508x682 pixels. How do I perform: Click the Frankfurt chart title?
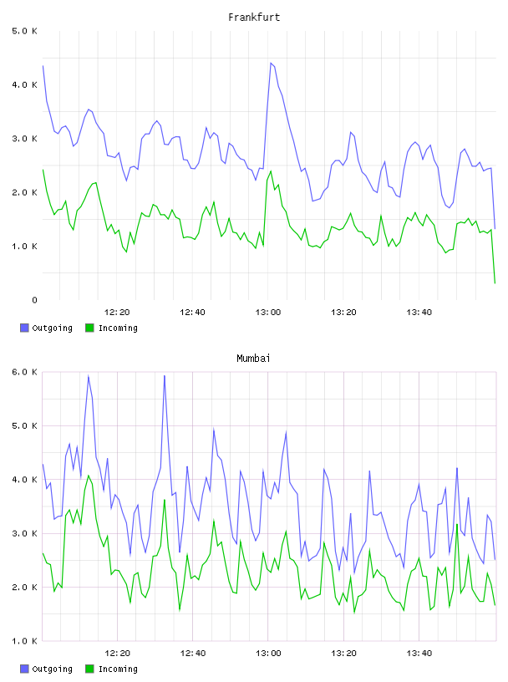tap(254, 18)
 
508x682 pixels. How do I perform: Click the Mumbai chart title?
tap(253, 359)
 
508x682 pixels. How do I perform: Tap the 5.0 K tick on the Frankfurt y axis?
tap(24, 31)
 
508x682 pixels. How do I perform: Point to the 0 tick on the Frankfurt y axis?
tap(34, 300)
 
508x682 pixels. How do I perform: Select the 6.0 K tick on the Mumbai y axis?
tap(24, 372)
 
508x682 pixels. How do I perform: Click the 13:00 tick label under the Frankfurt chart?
tap(268, 312)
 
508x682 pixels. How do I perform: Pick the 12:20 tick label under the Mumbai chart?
tap(118, 653)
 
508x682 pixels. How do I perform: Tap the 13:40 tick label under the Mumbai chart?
tap(419, 653)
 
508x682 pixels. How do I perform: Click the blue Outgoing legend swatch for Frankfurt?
tap(24, 328)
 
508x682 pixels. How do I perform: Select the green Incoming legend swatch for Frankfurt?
tap(89, 328)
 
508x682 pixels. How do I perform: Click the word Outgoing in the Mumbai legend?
tap(52, 669)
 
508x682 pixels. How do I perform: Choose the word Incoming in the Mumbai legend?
tap(118, 669)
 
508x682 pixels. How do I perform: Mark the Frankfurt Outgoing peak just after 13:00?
tap(271, 63)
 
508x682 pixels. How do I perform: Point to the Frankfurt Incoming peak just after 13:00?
tap(271, 171)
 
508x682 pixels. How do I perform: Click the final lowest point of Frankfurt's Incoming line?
tap(495, 283)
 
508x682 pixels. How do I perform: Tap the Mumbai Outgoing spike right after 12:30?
tap(165, 376)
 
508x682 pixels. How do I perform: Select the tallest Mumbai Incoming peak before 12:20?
tap(89, 476)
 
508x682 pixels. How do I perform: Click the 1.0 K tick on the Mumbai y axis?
tap(24, 641)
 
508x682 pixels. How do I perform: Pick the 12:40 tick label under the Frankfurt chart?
tap(193, 312)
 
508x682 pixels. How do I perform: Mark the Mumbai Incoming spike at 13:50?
tap(457, 525)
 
